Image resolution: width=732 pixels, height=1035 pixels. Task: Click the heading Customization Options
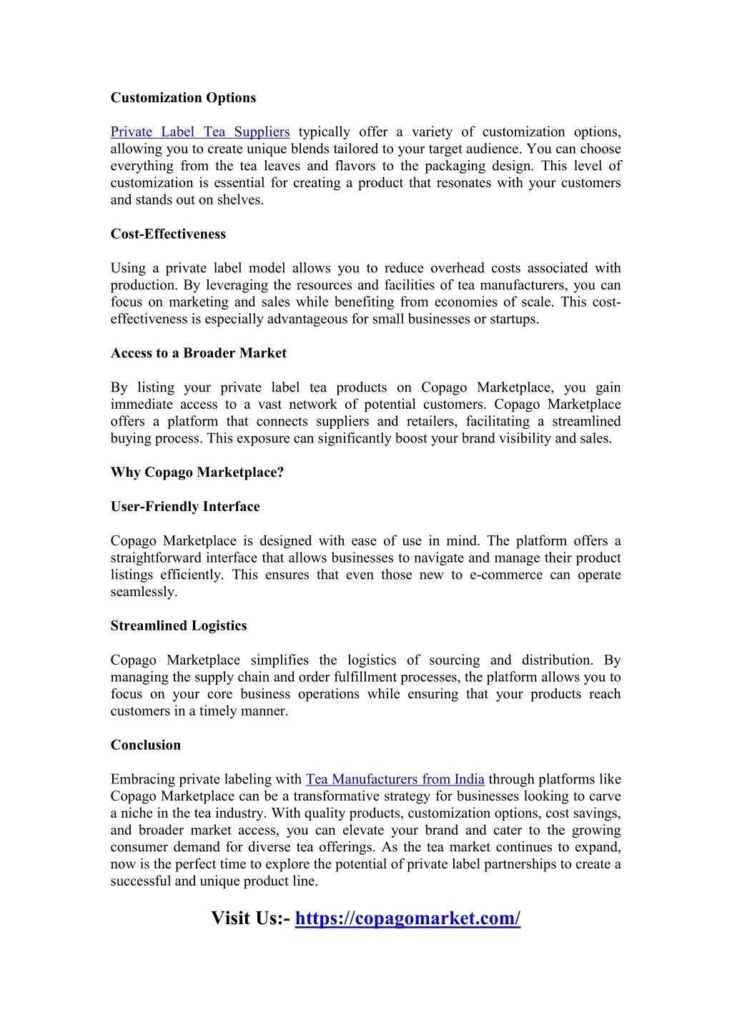183,98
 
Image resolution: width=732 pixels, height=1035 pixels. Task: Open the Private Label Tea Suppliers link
200,132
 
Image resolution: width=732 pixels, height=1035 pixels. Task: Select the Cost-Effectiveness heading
168,234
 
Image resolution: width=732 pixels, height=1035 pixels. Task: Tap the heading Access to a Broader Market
198,354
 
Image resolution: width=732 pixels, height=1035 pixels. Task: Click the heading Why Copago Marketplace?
197,473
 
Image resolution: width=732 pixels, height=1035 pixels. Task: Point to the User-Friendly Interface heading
185,507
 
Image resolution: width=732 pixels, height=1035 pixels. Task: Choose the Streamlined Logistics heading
179,626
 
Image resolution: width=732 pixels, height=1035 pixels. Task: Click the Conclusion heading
146,746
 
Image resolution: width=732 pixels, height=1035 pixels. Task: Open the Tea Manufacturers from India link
395,780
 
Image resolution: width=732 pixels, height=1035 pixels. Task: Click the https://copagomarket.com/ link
407,918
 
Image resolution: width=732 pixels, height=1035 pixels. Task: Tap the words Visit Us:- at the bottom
250,918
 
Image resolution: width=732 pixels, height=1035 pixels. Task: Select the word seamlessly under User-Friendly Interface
143,593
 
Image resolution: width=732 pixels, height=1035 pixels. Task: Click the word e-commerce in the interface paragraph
506,575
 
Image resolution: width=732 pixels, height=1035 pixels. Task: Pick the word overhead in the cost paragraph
457,269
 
